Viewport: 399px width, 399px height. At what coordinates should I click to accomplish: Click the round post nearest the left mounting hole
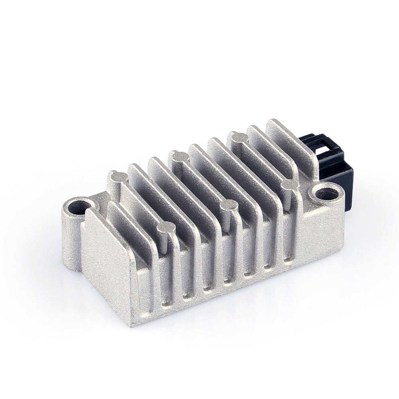coord(118,176)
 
